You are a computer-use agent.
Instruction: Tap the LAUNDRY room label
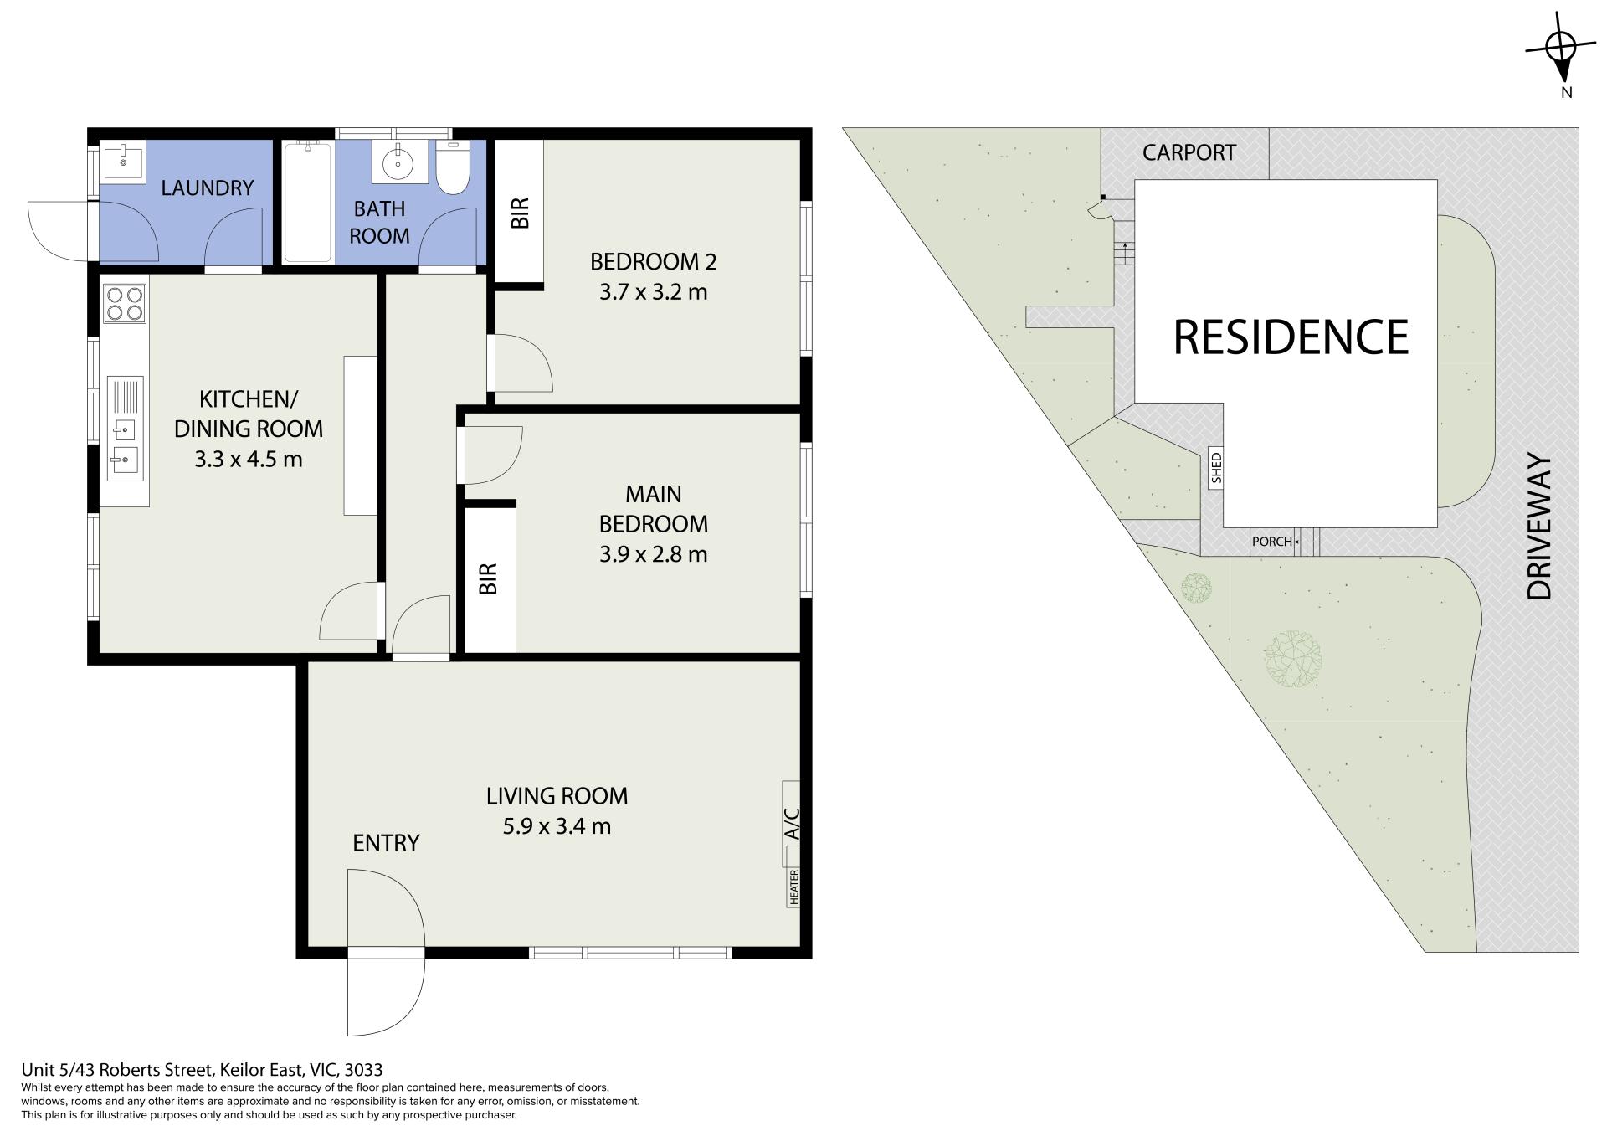click(x=207, y=188)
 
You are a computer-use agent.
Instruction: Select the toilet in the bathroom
click(x=453, y=167)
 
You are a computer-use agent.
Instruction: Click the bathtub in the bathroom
click(x=308, y=202)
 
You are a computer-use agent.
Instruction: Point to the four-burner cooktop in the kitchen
click(x=125, y=303)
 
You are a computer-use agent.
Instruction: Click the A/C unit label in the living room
click(x=791, y=824)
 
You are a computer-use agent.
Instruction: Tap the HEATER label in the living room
click(x=793, y=887)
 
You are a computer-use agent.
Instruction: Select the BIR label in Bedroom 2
click(x=520, y=213)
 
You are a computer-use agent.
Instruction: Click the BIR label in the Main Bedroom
click(x=488, y=578)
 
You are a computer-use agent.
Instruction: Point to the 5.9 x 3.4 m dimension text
click(x=557, y=826)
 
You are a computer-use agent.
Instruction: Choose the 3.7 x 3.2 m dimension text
click(x=654, y=292)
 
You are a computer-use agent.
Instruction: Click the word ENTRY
click(x=386, y=843)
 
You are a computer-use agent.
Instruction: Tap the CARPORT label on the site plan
click(x=1189, y=152)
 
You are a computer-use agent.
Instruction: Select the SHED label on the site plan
click(x=1216, y=468)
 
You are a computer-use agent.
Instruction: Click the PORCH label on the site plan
click(x=1271, y=542)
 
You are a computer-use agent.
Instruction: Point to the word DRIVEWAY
click(x=1539, y=527)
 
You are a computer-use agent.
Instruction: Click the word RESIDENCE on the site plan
click(x=1291, y=337)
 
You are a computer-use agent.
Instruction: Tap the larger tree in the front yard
click(x=1293, y=659)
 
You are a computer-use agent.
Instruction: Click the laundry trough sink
click(x=123, y=160)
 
